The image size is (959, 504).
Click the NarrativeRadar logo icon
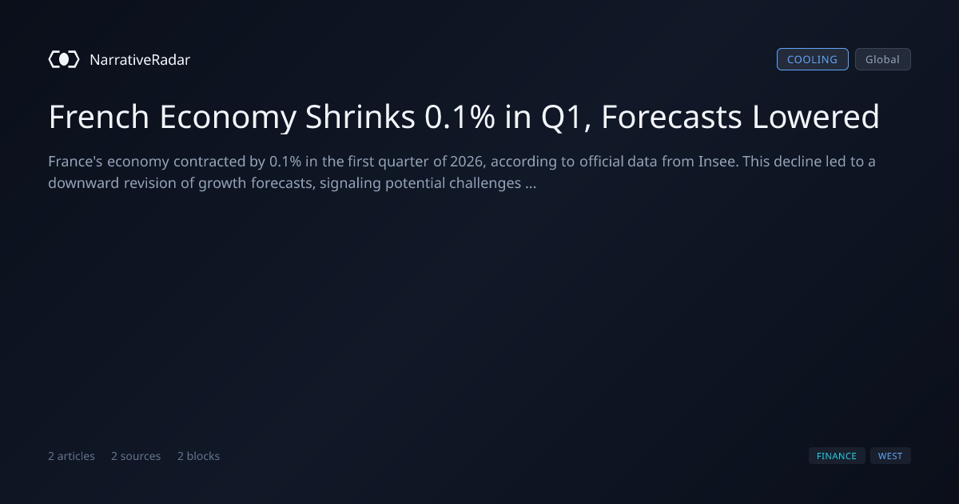(x=64, y=59)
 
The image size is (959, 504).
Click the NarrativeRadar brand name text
(x=140, y=59)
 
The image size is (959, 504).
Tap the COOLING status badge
(x=813, y=59)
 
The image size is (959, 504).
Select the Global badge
(x=883, y=59)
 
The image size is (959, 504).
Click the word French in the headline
(x=99, y=117)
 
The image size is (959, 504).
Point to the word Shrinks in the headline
(x=360, y=117)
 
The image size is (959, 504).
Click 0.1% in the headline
(x=460, y=117)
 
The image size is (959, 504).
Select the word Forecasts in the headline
(x=672, y=117)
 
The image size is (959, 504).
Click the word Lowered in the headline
(x=816, y=117)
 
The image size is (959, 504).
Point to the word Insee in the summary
(x=718, y=162)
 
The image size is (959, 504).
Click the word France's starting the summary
(x=75, y=162)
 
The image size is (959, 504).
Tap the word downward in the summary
(x=83, y=183)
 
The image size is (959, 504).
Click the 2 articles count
(x=71, y=456)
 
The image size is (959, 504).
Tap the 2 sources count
(x=136, y=456)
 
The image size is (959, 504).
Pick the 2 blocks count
(x=199, y=456)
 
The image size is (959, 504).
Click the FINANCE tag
(x=837, y=456)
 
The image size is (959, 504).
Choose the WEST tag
(x=890, y=456)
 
